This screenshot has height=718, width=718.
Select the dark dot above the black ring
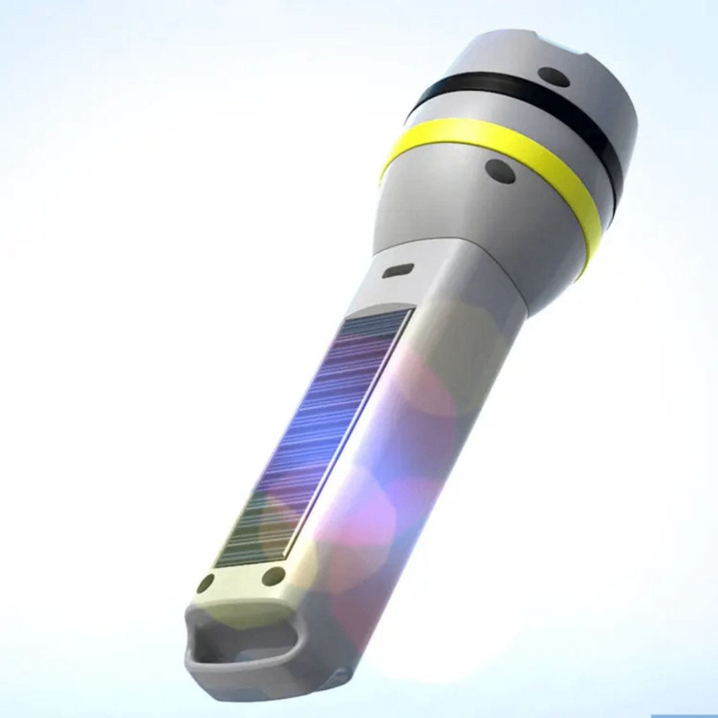pos(553,76)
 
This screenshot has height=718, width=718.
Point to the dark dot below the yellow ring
pos(500,171)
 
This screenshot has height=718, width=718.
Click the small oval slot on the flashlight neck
pos(398,271)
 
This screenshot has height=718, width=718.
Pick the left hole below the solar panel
pos(205,583)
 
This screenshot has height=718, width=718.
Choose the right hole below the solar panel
pos(273,576)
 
